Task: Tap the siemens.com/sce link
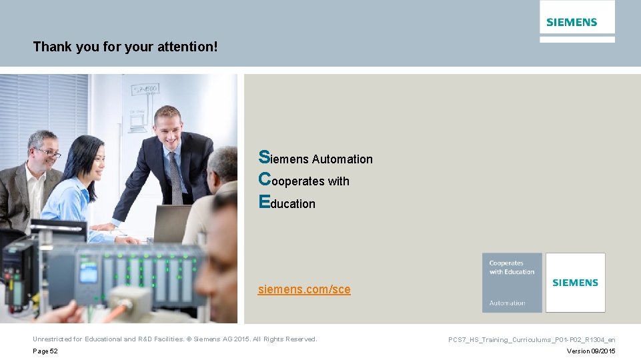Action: tap(304, 289)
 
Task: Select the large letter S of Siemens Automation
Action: tap(264, 157)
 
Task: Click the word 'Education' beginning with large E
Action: tap(287, 203)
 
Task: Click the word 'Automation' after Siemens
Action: tap(342, 159)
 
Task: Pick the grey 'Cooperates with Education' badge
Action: tap(512, 283)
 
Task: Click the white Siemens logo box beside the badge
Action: tap(575, 283)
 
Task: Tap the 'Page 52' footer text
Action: tap(45, 351)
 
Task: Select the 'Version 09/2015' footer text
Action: tap(591, 351)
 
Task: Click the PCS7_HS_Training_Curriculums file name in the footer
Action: tap(532, 340)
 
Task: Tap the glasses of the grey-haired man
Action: tap(48, 153)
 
